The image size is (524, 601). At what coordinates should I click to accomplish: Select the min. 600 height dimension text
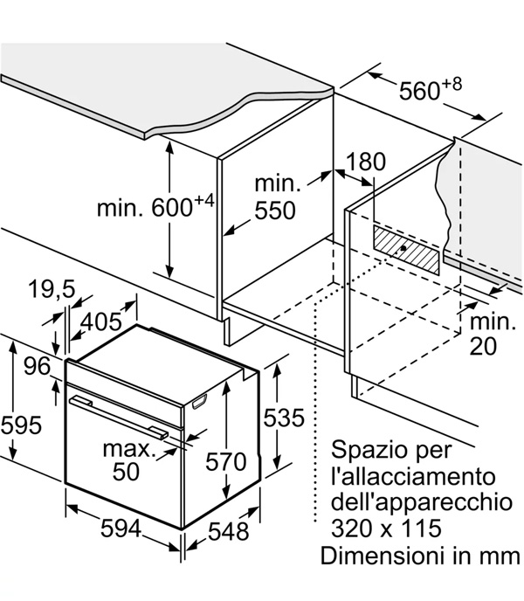(155, 206)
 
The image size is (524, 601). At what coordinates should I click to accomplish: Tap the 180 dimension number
(365, 162)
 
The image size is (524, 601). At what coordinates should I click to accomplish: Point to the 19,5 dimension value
(52, 289)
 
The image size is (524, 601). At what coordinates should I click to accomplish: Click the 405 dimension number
(101, 321)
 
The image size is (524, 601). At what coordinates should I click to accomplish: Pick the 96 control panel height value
(38, 366)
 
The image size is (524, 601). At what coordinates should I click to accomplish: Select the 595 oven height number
(21, 425)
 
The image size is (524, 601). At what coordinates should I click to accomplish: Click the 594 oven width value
(121, 529)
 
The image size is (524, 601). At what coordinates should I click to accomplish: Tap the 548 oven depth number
(229, 532)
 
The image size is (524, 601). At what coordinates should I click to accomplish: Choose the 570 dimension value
(226, 461)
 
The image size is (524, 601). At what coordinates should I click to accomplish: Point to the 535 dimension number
(284, 418)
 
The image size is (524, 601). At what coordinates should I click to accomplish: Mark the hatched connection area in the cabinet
(405, 250)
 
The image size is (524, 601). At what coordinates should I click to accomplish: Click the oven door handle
(120, 417)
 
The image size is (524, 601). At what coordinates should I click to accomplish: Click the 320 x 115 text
(386, 528)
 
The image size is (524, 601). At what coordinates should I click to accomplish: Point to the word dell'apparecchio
(422, 501)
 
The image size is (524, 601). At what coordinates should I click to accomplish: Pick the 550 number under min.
(275, 211)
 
